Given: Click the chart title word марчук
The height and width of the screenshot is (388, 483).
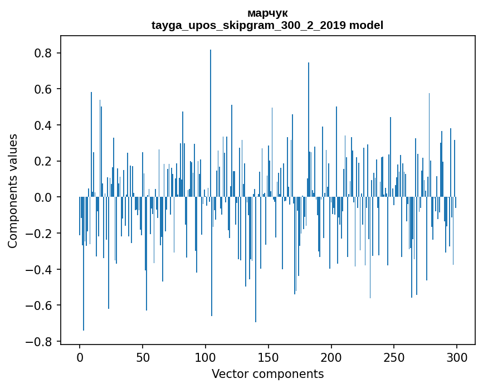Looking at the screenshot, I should pos(267,13).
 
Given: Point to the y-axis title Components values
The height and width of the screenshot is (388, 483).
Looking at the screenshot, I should pos(13,191).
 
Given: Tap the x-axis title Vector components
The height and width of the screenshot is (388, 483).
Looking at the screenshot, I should pos(267,374).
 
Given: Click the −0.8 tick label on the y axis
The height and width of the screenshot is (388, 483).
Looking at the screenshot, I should pos(41,341).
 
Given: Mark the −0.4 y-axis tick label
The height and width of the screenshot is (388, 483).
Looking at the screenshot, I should pos(41,269).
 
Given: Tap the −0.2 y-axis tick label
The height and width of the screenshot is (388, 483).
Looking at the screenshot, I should pos(41,234).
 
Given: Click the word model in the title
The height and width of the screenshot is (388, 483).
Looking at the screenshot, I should pos(367,25).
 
